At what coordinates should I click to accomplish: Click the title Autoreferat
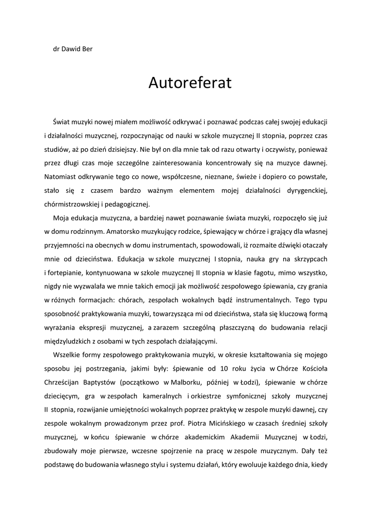coord(190,83)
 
